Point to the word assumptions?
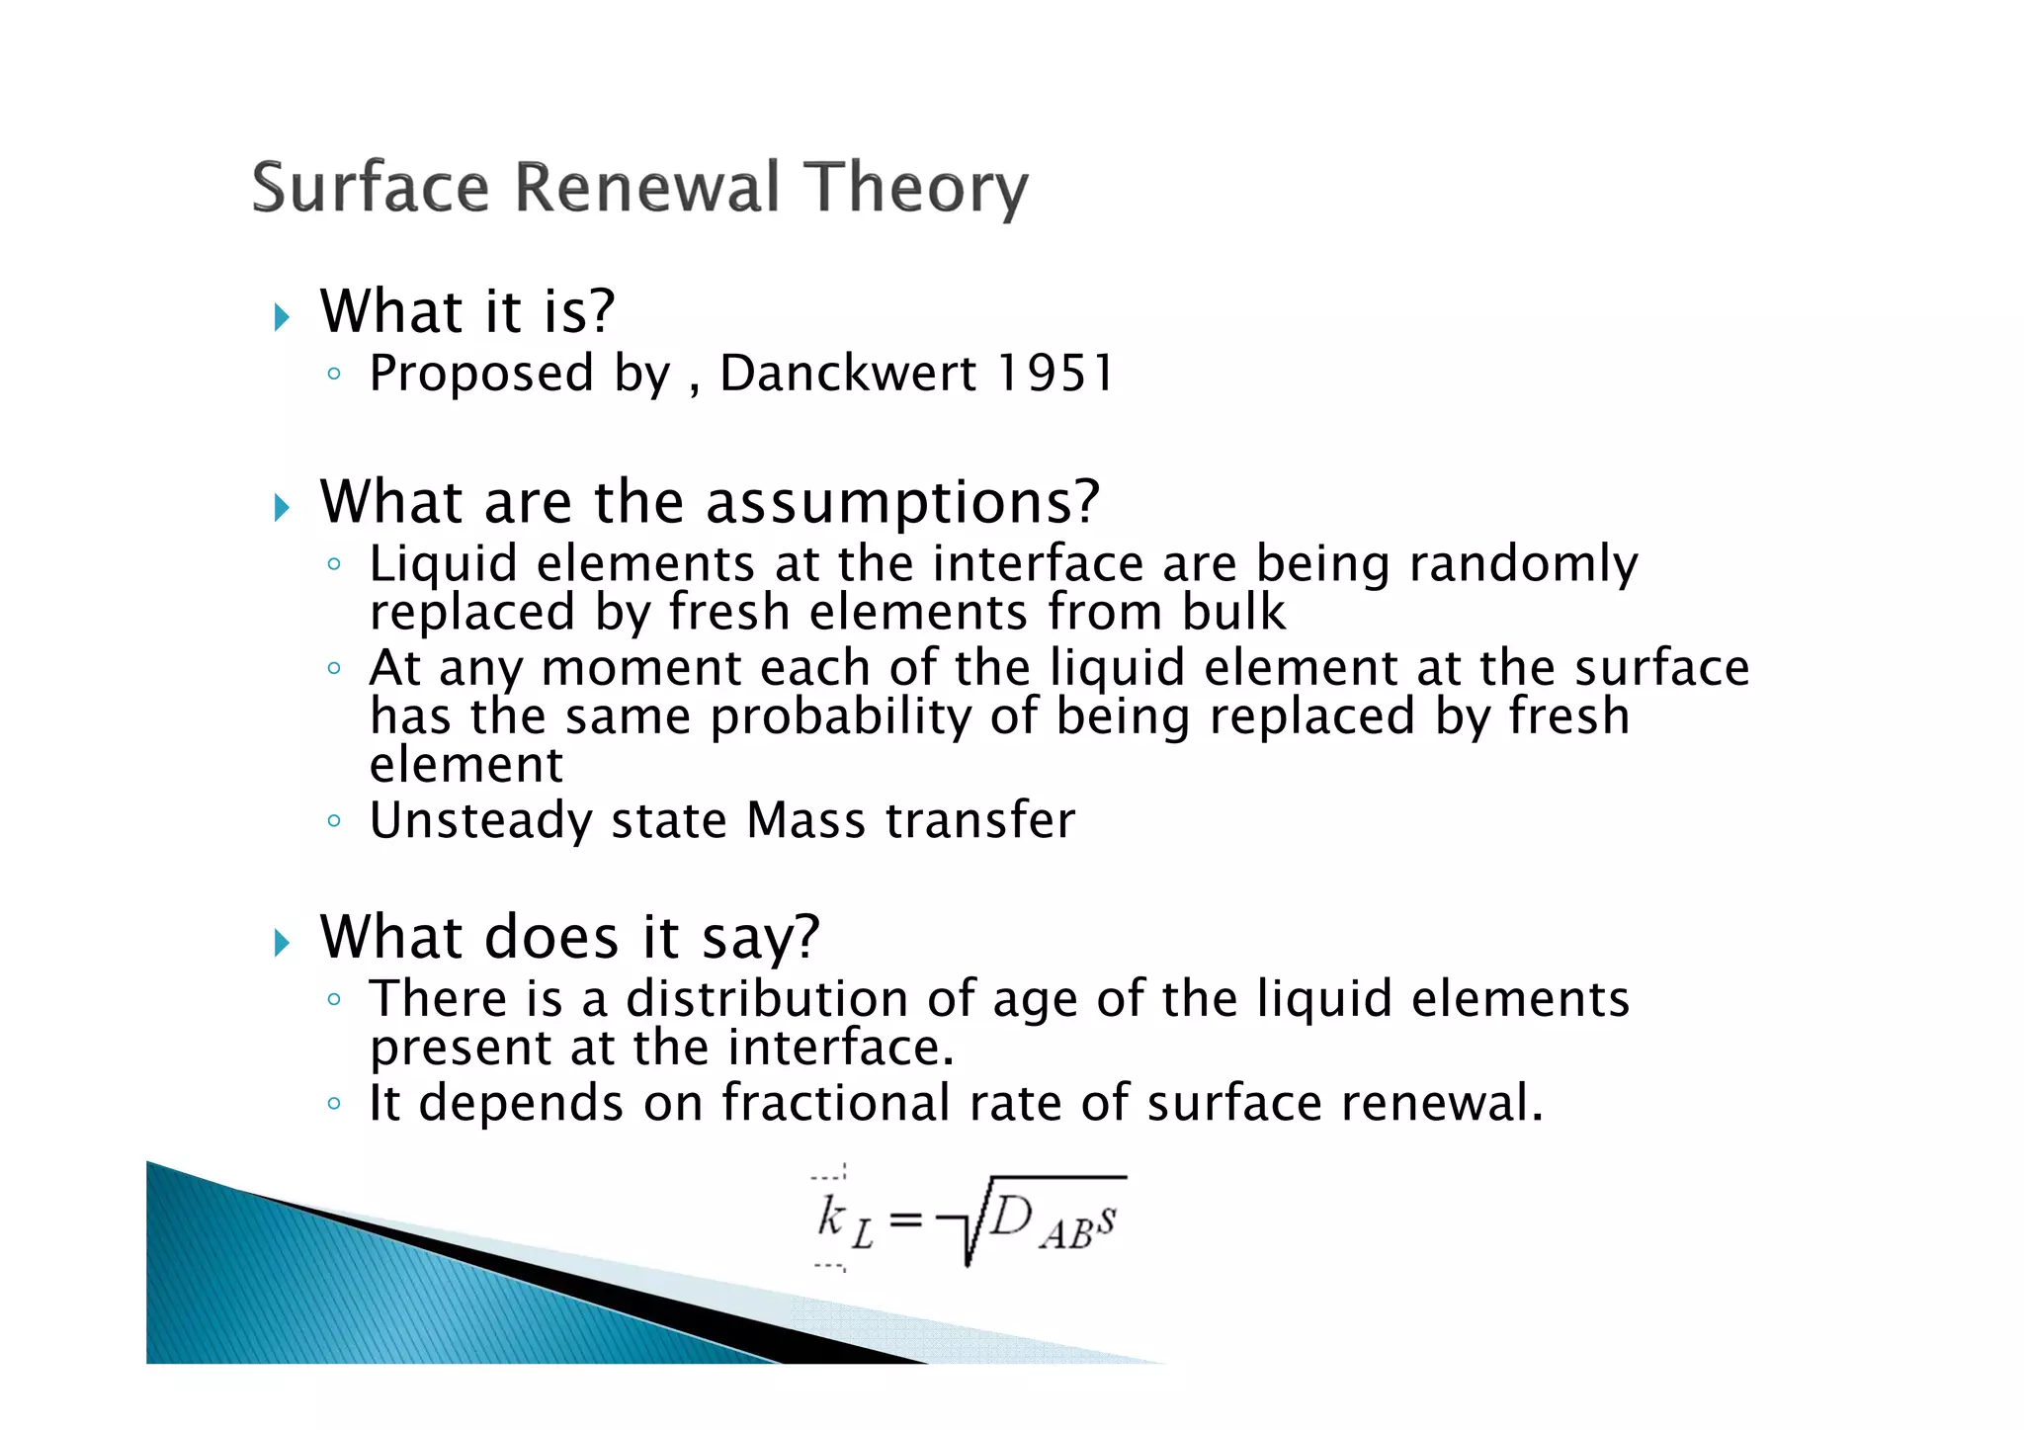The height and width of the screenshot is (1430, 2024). (902, 502)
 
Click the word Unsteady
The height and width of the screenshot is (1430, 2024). (479, 821)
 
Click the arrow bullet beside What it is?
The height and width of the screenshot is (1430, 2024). (283, 317)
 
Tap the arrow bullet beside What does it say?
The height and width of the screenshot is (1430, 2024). (283, 942)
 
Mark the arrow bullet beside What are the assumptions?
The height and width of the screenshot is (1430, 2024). (283, 508)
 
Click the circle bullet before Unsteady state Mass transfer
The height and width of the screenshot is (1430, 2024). (334, 820)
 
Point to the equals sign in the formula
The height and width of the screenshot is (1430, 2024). (905, 1221)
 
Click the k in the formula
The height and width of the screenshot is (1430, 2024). (830, 1217)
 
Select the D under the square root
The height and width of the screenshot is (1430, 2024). (1010, 1216)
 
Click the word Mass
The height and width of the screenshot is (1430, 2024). (805, 821)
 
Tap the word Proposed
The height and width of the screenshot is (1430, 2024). (481, 375)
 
